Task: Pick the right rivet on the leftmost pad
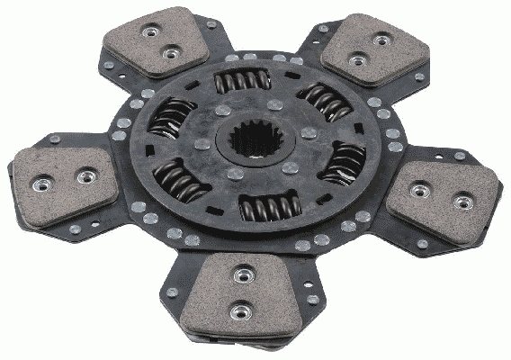pyautogui.click(x=85, y=176)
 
